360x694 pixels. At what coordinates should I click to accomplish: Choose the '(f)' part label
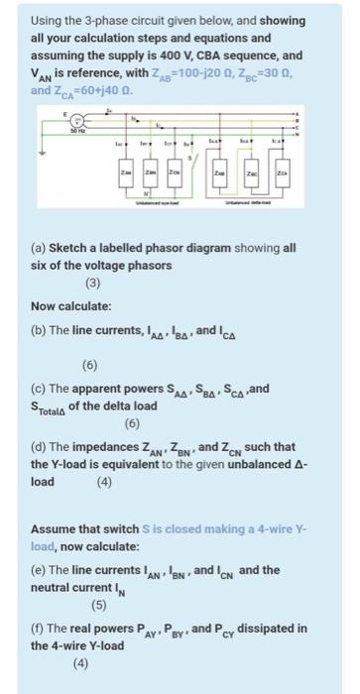pos(39,628)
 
